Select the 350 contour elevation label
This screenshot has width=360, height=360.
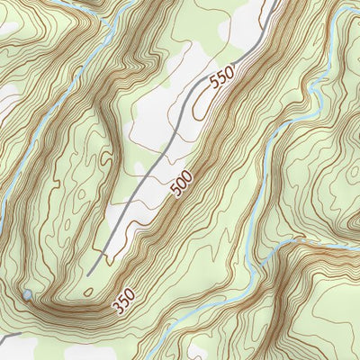(123, 301)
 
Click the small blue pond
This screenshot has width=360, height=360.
(27, 295)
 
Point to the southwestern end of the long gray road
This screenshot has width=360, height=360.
(90, 272)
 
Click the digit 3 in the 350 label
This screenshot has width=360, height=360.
(116, 307)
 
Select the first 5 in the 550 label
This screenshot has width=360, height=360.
(214, 88)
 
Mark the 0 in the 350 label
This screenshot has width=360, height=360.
(130, 294)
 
